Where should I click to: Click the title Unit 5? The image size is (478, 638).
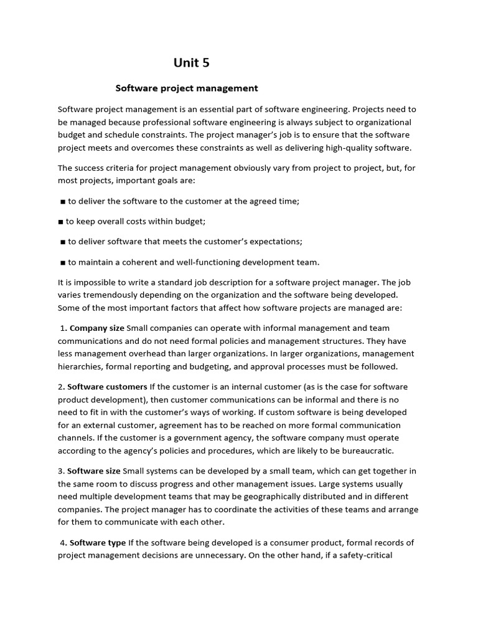[x=192, y=62]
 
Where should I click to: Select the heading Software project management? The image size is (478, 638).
[x=187, y=88]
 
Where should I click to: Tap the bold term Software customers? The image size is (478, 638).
[x=107, y=386]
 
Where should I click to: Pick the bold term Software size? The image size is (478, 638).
[x=94, y=470]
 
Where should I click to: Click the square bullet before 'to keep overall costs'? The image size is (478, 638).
[x=61, y=221]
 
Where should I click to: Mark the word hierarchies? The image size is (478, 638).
[x=80, y=366]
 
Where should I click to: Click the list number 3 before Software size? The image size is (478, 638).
[x=60, y=470]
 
